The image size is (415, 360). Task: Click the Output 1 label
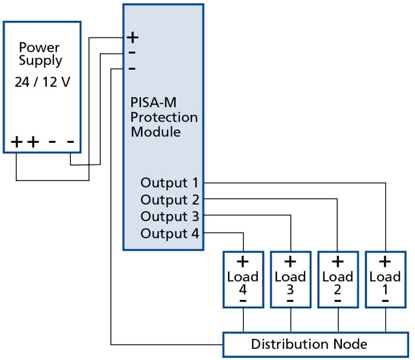pyautogui.click(x=169, y=183)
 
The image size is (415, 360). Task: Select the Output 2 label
pyautogui.click(x=169, y=199)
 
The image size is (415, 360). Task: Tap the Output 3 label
pyautogui.click(x=169, y=216)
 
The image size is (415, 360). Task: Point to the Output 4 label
pyautogui.click(x=169, y=233)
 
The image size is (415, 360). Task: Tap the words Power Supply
pyautogui.click(x=40, y=54)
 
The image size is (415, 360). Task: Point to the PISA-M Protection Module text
pyautogui.click(x=164, y=117)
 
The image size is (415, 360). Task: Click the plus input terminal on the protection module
pyautogui.click(x=132, y=38)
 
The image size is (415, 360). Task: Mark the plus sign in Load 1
pyautogui.click(x=385, y=262)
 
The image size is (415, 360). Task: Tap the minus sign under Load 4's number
pyautogui.click(x=243, y=300)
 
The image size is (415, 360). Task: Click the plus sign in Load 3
pyautogui.click(x=290, y=262)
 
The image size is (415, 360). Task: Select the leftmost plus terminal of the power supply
pyautogui.click(x=17, y=142)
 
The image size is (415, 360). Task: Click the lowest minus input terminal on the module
pyautogui.click(x=132, y=69)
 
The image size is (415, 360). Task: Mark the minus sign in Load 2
pyautogui.click(x=338, y=300)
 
